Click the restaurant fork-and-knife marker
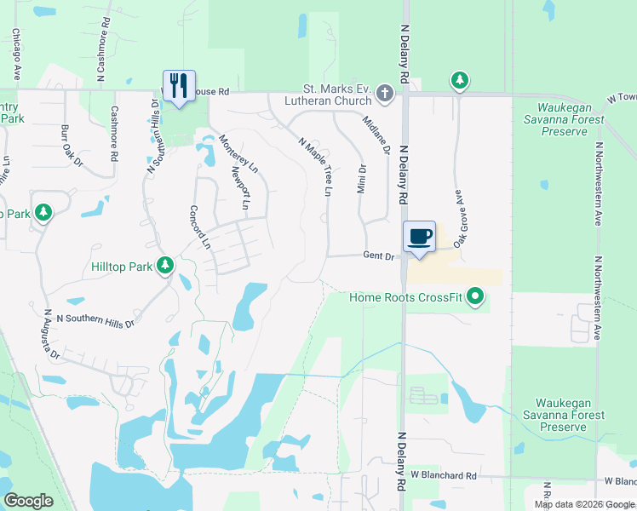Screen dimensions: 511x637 pos(179,86)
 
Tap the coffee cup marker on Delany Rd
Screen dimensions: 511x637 pos(419,237)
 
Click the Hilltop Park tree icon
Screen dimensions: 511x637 pos(165,267)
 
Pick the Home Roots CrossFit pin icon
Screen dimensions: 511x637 pos(476,297)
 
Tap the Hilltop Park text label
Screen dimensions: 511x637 pos(121,267)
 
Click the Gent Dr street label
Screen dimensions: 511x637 pos(378,255)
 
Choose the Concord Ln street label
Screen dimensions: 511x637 pos(199,227)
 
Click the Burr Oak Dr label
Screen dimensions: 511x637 pos(72,146)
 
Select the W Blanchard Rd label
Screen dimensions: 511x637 pos(443,474)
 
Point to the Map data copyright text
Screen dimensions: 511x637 pos(582,504)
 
